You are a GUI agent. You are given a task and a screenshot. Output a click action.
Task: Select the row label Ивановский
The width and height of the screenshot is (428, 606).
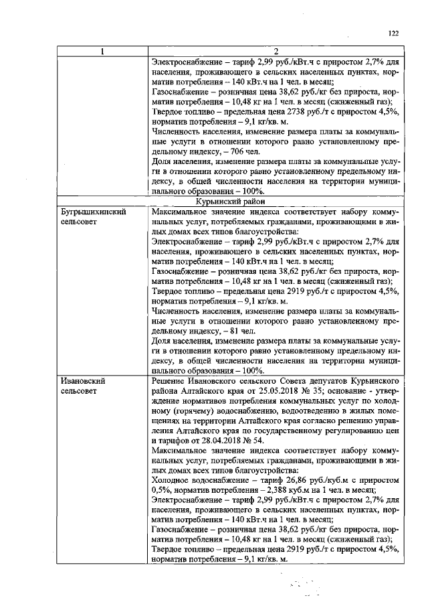click(83, 380)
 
